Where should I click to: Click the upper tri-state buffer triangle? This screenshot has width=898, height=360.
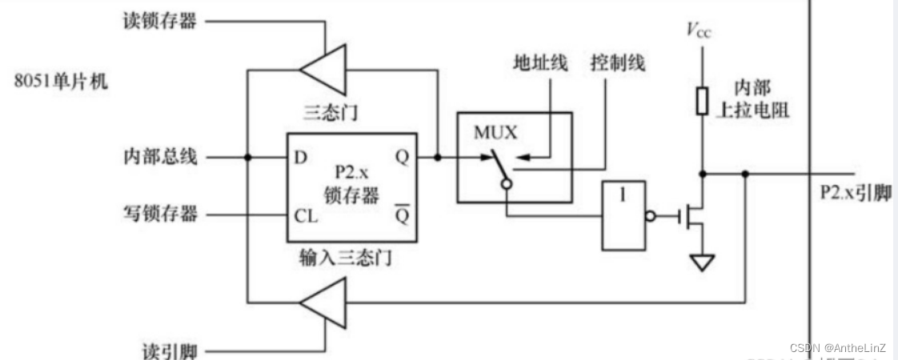tap(325, 70)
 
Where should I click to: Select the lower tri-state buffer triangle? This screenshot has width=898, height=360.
tap(324, 302)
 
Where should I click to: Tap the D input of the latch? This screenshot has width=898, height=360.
tap(301, 157)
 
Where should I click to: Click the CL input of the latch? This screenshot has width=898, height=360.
tap(305, 215)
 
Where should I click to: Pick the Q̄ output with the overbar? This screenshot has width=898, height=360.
tap(402, 215)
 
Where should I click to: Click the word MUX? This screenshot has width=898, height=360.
tap(495, 133)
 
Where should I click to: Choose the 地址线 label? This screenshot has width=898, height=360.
tap(540, 63)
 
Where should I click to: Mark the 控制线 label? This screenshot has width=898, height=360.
tap(617, 63)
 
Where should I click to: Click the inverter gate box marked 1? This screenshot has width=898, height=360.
tap(623, 215)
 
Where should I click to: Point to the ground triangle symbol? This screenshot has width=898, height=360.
tap(702, 262)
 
